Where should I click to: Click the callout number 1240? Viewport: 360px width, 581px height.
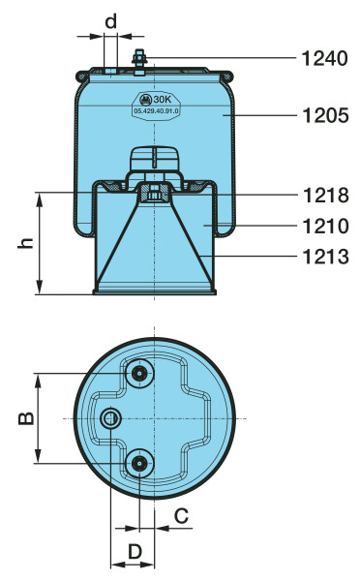click(325, 58)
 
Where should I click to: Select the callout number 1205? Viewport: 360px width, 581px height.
click(325, 115)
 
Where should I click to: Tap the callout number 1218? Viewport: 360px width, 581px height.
click(325, 195)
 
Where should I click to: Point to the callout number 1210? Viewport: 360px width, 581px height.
click(325, 226)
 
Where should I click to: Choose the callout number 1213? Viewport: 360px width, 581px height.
click(325, 257)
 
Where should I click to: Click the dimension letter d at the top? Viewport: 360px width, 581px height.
click(110, 20)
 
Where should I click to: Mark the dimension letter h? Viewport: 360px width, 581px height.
click(26, 243)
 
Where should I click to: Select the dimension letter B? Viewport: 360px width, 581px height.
click(26, 418)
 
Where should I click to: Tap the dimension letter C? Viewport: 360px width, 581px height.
click(181, 515)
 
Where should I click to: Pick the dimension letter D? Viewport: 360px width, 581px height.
click(135, 552)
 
